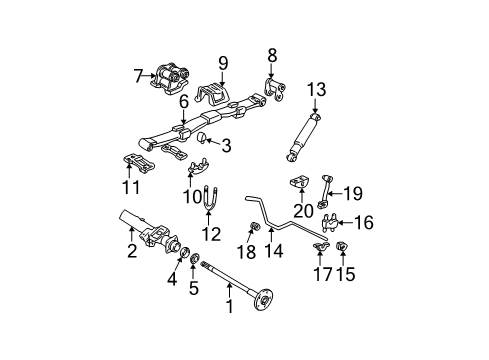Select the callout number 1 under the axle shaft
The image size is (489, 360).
click(229, 308)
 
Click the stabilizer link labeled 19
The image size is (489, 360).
click(326, 192)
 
